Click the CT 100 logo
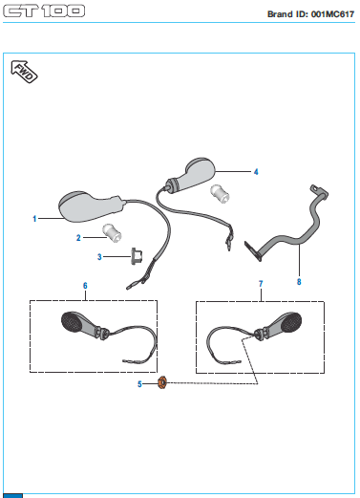[x=44, y=11]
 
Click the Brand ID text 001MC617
[x=332, y=14]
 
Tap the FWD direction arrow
[x=24, y=72]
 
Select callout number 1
[x=34, y=219]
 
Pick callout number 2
[x=78, y=238]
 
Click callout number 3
[x=99, y=257]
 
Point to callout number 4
[x=256, y=172]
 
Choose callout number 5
[x=139, y=384]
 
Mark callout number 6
[x=85, y=286]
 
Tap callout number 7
[x=261, y=284]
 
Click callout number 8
[x=299, y=282]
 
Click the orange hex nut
[x=162, y=382]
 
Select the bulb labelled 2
[x=112, y=232]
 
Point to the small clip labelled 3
[x=137, y=256]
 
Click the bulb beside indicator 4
[x=220, y=194]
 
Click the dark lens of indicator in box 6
[x=71, y=322]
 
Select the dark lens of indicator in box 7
[x=290, y=322]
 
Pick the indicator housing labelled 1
[x=91, y=206]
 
